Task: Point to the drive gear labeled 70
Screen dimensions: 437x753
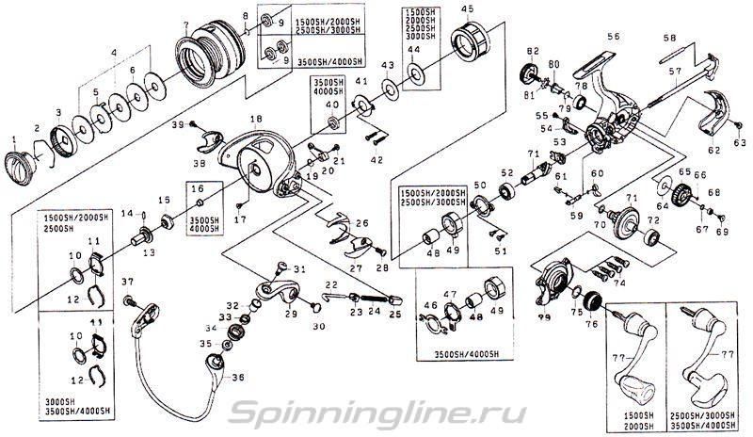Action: coord(622,227)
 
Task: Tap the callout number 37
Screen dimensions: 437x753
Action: coord(127,282)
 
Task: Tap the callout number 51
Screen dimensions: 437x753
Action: coord(500,251)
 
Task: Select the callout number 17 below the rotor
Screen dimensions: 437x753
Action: coord(240,220)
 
